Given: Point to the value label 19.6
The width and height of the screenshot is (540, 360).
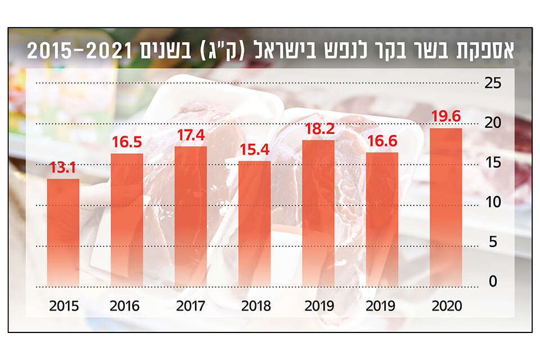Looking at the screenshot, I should pyautogui.click(x=446, y=116).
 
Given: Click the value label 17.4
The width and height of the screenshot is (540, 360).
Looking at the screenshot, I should pyautogui.click(x=191, y=135).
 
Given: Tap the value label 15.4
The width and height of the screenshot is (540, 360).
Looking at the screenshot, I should pyautogui.click(x=255, y=150).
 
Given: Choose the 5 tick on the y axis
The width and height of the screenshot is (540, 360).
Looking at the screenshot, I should pyautogui.click(x=493, y=242).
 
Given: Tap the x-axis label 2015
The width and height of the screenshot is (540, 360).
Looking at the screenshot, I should pyautogui.click(x=63, y=307).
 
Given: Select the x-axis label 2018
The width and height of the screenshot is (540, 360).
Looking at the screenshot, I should pyautogui.click(x=255, y=307).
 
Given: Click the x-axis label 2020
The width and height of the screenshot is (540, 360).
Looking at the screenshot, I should pyautogui.click(x=446, y=307).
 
